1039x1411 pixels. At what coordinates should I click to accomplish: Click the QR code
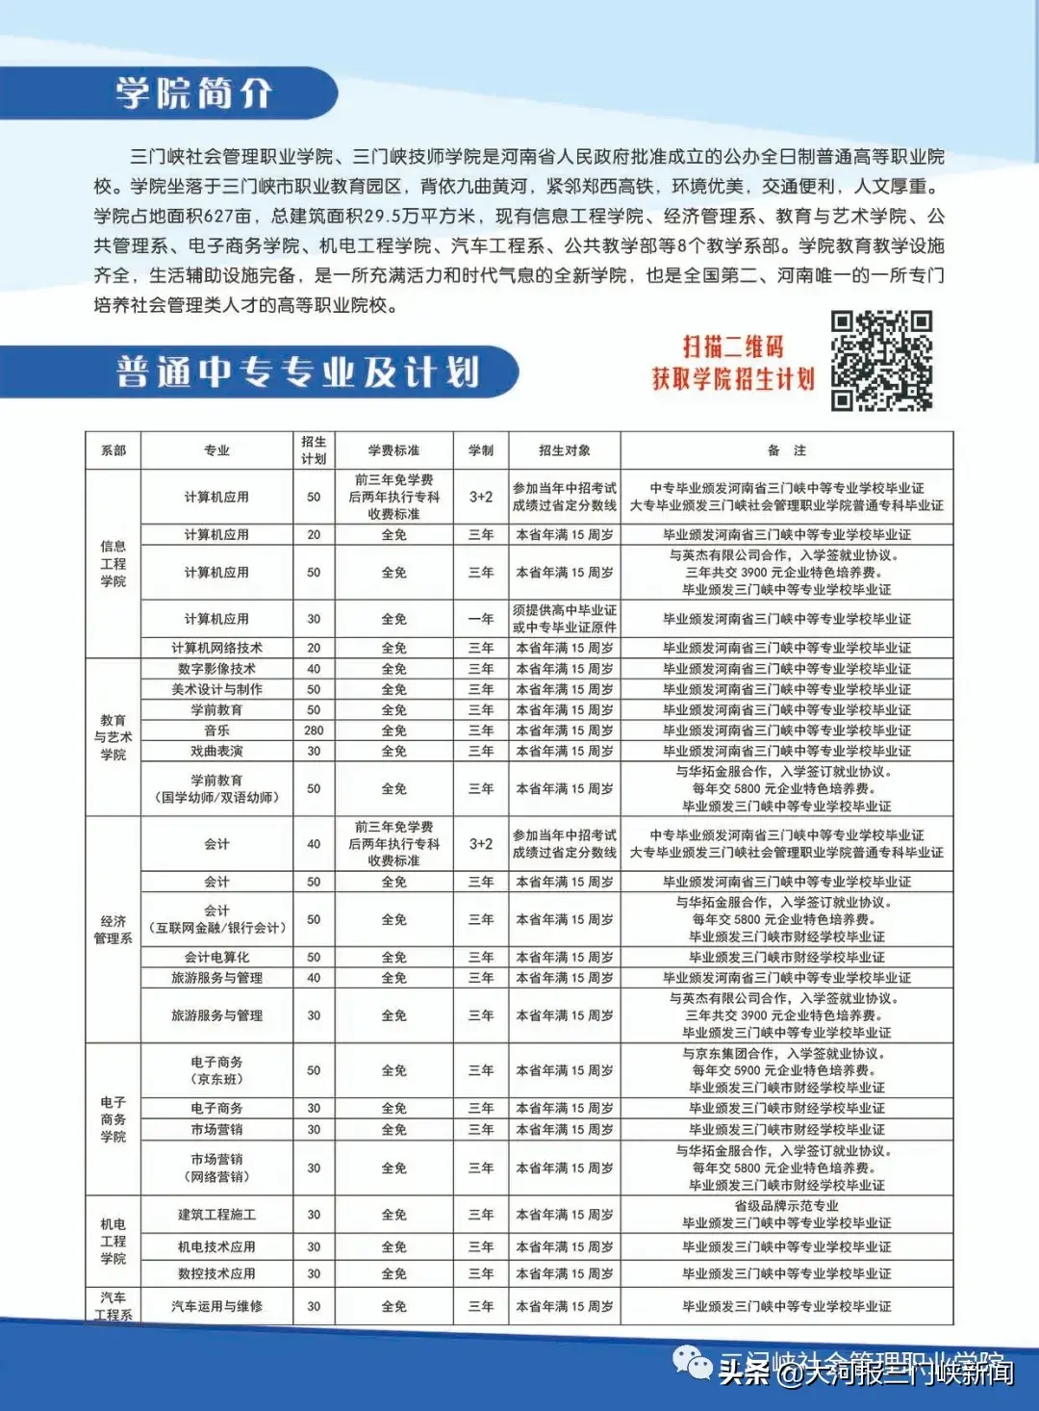pos(881,361)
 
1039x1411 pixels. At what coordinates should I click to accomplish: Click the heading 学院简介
pos(194,93)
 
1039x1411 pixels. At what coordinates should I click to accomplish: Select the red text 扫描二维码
pos(733,346)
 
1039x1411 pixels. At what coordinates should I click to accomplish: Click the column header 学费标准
pos(393,450)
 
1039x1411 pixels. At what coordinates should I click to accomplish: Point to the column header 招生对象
pos(565,450)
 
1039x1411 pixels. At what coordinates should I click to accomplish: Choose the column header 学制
pos(481,450)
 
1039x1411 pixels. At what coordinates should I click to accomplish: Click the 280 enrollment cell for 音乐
pos(314,731)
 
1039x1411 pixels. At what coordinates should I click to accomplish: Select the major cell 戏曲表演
pos(216,751)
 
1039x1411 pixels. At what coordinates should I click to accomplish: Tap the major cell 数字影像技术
pos(216,669)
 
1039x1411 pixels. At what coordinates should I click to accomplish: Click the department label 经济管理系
pos(113,930)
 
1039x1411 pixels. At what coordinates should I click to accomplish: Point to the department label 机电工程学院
pos(113,1242)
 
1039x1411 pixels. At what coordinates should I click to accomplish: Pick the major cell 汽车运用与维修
pos(216,1306)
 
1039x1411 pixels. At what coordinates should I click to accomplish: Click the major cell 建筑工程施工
pos(216,1215)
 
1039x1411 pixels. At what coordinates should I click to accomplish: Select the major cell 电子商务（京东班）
pos(216,1070)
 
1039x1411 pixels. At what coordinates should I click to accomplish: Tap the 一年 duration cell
pos(481,619)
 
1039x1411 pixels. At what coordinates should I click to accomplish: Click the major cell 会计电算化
pos(216,958)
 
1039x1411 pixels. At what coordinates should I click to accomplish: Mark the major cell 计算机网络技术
pos(216,648)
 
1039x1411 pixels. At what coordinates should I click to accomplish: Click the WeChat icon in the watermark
pos(693,1363)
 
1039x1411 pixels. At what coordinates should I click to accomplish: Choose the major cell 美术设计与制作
pos(216,689)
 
